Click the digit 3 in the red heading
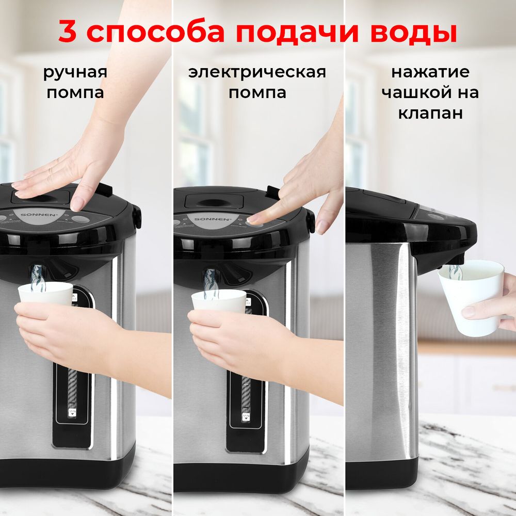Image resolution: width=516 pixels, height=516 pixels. [x=68, y=32]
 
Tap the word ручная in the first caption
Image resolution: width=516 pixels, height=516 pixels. [x=75, y=72]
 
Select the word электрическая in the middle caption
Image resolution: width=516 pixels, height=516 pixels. [x=257, y=72]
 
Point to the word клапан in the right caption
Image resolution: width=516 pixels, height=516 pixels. [x=430, y=113]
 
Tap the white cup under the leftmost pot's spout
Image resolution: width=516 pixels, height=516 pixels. [x=45, y=293]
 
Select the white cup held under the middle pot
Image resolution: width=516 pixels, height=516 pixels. [x=219, y=300]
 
